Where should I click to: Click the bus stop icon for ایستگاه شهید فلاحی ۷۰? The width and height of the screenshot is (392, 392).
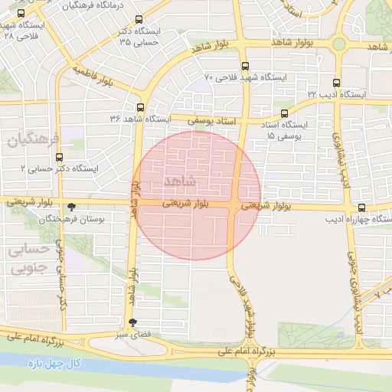[x=244, y=66]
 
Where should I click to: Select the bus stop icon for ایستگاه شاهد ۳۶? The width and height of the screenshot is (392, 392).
[x=139, y=107]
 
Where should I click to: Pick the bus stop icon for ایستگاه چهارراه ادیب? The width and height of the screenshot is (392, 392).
[x=361, y=207]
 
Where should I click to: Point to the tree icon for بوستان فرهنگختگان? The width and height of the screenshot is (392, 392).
[x=72, y=207]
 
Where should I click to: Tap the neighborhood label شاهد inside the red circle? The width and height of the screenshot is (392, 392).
[x=181, y=181]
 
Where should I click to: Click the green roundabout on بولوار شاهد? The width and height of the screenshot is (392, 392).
[x=338, y=43]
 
